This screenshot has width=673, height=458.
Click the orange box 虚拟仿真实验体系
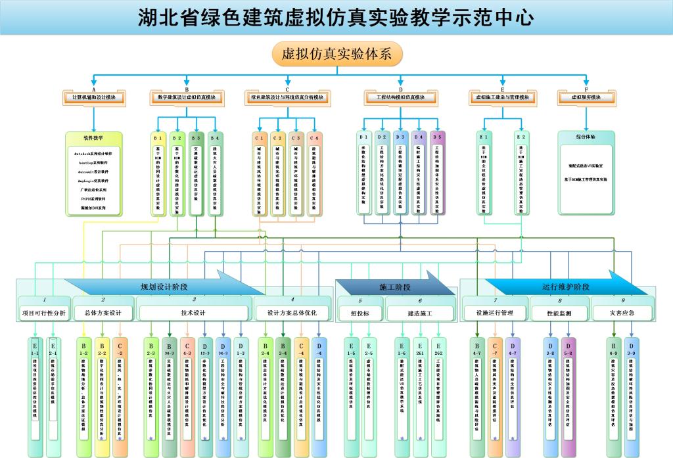click(336, 55)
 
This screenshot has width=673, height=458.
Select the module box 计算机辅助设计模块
click(93, 98)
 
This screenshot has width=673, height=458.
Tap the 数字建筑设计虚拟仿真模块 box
click(187, 98)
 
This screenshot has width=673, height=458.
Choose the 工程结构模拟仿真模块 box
click(400, 98)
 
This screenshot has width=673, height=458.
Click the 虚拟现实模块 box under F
click(586, 98)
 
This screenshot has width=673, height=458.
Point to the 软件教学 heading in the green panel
click(93, 139)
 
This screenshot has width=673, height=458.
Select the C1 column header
click(259, 138)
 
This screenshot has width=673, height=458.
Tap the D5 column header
click(438, 137)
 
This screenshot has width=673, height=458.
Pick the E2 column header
click(521, 137)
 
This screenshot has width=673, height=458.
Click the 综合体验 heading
click(586, 137)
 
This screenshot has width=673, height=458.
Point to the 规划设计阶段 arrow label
click(164, 287)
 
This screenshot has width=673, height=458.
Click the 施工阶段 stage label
click(395, 287)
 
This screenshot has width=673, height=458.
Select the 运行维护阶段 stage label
click(566, 287)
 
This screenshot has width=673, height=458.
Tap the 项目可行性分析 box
click(43, 313)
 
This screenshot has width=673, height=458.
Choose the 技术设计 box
click(193, 313)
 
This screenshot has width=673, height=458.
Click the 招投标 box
click(360, 313)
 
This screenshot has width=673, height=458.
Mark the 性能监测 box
click(559, 313)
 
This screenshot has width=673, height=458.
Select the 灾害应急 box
click(621, 313)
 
